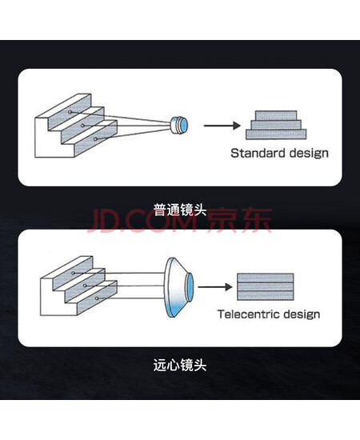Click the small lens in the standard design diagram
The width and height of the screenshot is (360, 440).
click(179, 125)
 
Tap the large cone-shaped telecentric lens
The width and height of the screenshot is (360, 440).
click(178, 287)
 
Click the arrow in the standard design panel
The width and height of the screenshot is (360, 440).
click(222, 126)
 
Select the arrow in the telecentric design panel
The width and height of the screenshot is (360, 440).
click(215, 286)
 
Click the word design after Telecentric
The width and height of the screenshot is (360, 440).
click(302, 314)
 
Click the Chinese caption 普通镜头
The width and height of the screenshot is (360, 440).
click(180, 210)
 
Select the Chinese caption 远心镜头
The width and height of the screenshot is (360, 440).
click(180, 365)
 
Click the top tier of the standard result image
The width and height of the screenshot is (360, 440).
click(276, 115)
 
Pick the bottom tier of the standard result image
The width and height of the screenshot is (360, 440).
click(276, 134)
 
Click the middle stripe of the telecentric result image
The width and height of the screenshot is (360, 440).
click(266, 286)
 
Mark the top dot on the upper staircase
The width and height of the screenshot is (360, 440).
click(70, 112)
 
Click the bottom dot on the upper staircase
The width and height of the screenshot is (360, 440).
click(95, 139)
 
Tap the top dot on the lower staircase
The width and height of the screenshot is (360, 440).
click(73, 273)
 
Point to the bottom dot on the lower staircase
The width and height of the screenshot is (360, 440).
click(97, 298)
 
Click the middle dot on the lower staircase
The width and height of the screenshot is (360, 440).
click(85, 286)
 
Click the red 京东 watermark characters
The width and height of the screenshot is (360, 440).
click(240, 220)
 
